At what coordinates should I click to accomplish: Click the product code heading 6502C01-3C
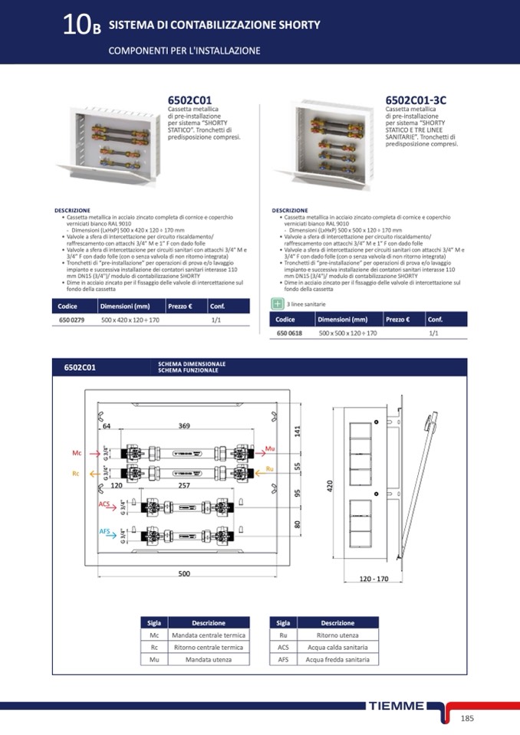415,100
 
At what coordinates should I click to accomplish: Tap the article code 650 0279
71,320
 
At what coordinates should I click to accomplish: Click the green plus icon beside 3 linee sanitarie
278,304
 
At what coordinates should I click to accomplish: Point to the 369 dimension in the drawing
184,426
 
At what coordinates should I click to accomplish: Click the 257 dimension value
184,486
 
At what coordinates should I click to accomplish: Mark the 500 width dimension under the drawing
184,573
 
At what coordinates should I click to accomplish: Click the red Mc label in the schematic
77,454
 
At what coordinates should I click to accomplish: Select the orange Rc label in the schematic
76,474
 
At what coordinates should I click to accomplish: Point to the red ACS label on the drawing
104,504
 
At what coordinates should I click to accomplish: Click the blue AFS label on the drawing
104,531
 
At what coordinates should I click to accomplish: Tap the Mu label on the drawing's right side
269,448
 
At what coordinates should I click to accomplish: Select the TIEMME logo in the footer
396,706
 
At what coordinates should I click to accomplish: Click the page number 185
468,718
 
